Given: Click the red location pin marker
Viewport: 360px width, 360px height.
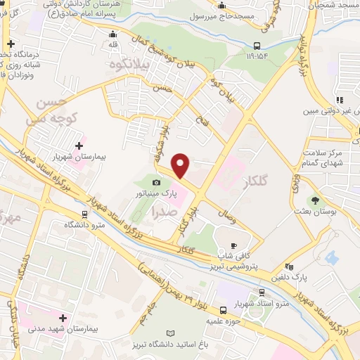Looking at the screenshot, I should coord(181,165).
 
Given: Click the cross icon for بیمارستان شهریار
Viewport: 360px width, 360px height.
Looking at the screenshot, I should coord(78,146).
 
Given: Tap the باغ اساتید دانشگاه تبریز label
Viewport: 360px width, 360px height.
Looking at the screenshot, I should coord(169,344).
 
